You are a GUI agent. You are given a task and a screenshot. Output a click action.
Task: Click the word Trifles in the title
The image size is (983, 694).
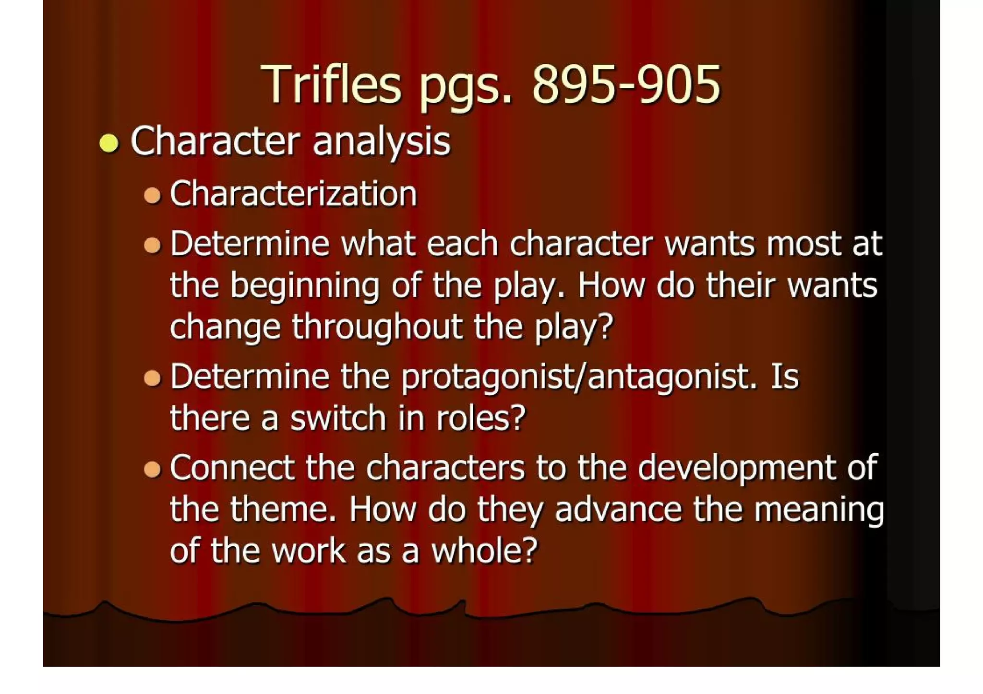(331, 85)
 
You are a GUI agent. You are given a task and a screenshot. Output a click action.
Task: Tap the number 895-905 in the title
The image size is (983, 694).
(626, 85)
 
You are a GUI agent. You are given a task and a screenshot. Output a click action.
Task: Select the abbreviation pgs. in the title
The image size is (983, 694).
(466, 89)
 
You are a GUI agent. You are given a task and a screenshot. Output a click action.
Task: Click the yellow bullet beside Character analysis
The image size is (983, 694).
(109, 143)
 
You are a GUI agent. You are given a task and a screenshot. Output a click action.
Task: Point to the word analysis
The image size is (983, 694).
(382, 142)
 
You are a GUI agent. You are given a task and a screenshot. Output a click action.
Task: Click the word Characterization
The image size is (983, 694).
(293, 194)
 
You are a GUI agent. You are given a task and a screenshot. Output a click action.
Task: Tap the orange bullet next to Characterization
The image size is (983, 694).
(152, 195)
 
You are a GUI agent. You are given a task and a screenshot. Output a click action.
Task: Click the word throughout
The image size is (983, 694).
(377, 328)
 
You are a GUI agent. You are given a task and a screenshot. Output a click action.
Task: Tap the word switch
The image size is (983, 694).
(338, 418)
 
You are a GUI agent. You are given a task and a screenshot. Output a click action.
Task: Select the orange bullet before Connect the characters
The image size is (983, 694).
(152, 469)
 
